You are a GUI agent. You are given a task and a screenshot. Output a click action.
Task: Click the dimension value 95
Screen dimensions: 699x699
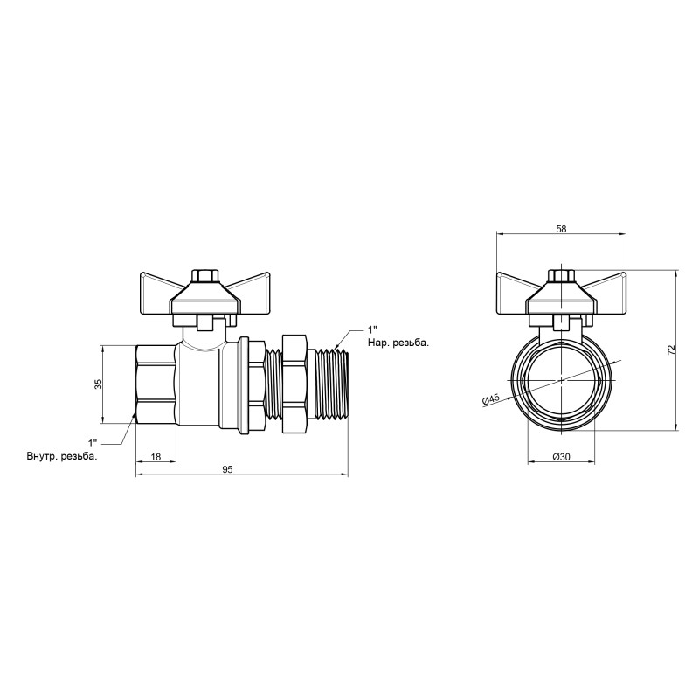point(227,469)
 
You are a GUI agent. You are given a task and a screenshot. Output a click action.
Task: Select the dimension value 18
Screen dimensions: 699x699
point(155,457)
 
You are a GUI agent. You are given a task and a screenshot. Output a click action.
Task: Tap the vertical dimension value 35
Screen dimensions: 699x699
point(99,384)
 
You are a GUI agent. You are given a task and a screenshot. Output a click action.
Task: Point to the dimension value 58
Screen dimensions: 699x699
point(561,229)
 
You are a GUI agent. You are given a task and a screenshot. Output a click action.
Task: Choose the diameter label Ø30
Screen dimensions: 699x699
point(561,457)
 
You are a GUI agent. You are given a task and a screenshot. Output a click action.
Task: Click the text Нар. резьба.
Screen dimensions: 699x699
point(398,343)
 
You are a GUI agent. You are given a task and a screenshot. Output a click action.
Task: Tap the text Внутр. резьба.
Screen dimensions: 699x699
point(61,456)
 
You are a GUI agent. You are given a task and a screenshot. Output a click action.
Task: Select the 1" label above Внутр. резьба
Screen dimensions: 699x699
point(93,443)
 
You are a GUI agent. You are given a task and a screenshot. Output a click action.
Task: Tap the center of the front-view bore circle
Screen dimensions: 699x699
point(561,382)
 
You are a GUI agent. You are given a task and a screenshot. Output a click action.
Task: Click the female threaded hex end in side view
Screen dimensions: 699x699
point(156,384)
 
